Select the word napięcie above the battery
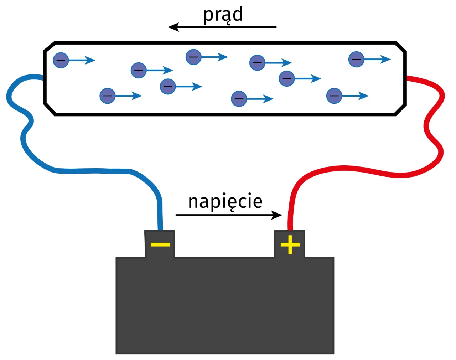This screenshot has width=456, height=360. click(225, 202)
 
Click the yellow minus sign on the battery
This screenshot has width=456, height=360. click(160, 245)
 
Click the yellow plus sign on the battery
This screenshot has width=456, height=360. click(290, 245)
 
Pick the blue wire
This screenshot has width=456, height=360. click(89, 171)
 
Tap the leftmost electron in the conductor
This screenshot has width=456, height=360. click(61, 60)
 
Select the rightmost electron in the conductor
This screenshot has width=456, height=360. click(356, 59)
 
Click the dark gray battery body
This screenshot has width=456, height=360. click(224, 307)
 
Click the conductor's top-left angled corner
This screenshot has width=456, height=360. click(49, 46)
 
